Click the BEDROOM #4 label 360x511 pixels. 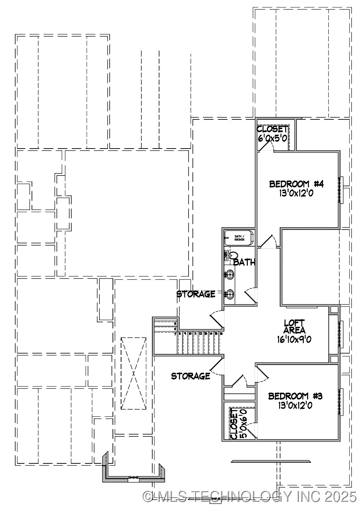(296, 184)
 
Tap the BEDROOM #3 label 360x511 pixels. (295, 396)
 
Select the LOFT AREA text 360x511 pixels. (294, 327)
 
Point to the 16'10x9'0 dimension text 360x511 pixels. (294, 339)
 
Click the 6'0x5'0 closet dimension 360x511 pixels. (272, 138)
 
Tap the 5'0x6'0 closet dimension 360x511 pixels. (243, 424)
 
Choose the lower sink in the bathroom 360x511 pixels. (230, 294)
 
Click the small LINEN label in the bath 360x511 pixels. (226, 256)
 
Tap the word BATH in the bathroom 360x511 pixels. (244, 263)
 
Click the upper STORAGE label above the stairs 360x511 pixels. (196, 294)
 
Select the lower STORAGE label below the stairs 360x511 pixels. (191, 376)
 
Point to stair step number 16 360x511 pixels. (221, 334)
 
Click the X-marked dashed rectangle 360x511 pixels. (133, 373)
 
